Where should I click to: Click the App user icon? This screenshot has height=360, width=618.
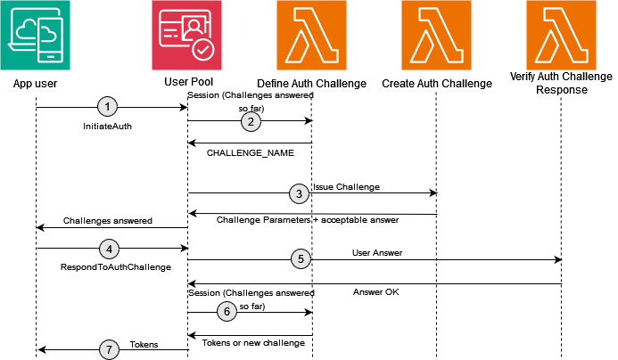point(36,36)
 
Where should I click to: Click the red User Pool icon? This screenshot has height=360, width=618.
point(186,36)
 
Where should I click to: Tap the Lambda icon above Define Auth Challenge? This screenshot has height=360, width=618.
point(311,36)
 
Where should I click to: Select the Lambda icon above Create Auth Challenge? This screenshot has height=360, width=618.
point(436,36)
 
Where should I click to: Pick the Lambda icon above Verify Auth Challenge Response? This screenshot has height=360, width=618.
point(561,36)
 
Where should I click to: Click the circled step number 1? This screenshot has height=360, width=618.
point(108,107)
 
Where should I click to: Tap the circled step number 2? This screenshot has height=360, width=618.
point(251,122)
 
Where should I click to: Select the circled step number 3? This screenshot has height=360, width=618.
point(301,192)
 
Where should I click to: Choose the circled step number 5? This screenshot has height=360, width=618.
point(301,259)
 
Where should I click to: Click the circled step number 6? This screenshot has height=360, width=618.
point(227,312)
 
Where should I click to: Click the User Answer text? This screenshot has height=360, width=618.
point(377,253)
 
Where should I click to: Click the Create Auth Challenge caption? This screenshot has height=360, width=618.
point(436,84)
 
